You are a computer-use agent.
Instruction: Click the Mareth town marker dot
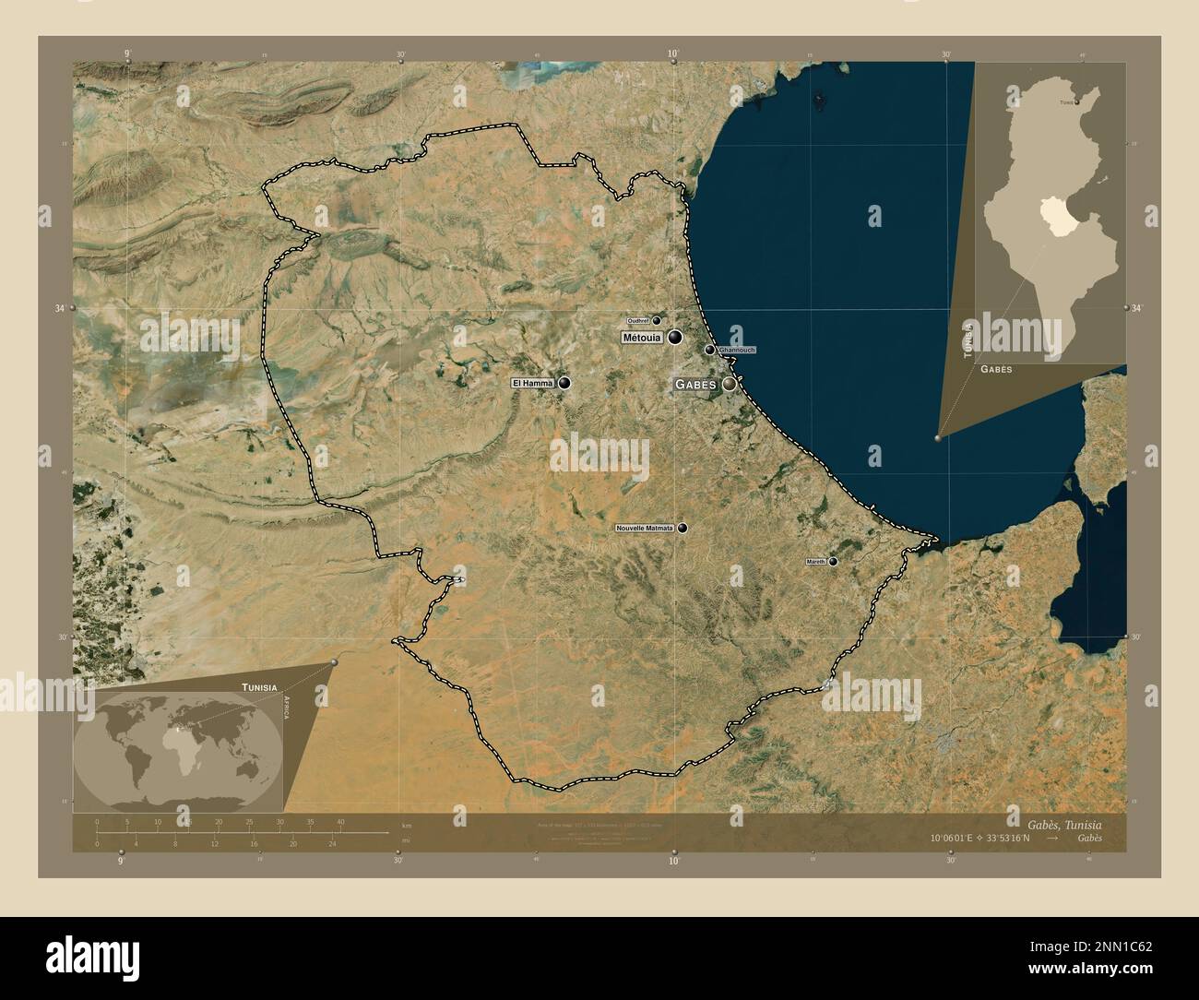tap(833, 561)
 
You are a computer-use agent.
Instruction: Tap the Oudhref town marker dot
tap(657, 320)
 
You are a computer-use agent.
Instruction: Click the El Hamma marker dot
tap(564, 383)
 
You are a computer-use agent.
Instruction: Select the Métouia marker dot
tap(676, 338)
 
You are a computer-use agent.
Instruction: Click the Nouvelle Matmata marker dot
tap(683, 529)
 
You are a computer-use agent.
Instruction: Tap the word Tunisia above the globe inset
tap(259, 687)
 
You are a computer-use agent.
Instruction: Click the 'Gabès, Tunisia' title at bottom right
tap(1076, 822)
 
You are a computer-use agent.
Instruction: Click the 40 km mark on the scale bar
tap(340, 821)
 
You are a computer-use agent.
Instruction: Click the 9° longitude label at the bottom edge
tap(121, 861)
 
